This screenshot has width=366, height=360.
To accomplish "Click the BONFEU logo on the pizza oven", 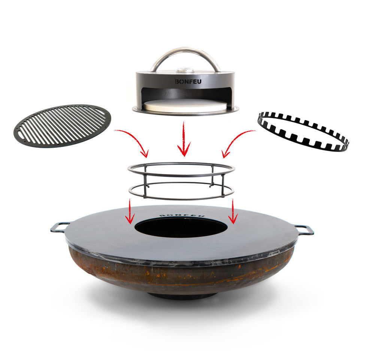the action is pos(188,81).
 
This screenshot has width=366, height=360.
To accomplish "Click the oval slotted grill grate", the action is pos(62,126).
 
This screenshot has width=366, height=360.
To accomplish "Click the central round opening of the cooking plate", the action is pos(181,228).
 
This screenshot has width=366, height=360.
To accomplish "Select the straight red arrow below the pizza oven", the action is pos(184,139).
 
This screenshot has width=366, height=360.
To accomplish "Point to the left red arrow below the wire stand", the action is pos(130,211).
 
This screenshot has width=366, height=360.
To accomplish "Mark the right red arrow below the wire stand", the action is pos(233,211).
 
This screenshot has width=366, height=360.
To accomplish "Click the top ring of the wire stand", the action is pos(181,175).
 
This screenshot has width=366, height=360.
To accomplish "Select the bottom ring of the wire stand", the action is pos(181,199).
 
